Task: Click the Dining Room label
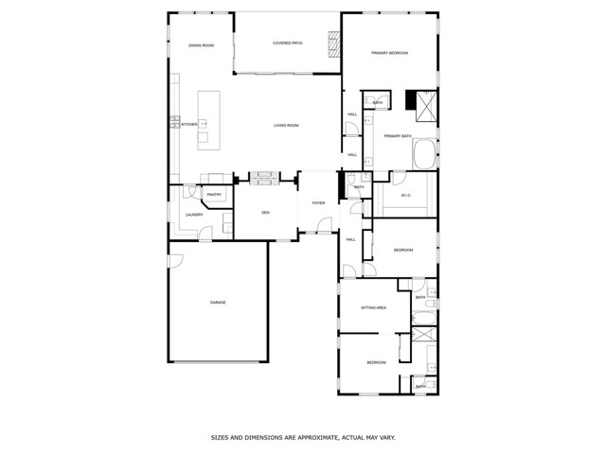(x=200, y=45)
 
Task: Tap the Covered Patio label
(x=287, y=44)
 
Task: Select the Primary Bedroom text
(x=389, y=53)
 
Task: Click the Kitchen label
(x=188, y=125)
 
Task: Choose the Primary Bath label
(x=398, y=136)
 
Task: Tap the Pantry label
(x=214, y=195)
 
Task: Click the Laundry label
(x=194, y=215)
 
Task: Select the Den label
(x=266, y=213)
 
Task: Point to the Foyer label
(x=318, y=203)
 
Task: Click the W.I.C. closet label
(x=406, y=196)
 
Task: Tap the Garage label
(x=218, y=303)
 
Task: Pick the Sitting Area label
(x=373, y=308)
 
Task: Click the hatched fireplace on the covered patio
(x=332, y=44)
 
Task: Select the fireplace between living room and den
(x=263, y=178)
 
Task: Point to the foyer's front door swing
(x=324, y=226)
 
